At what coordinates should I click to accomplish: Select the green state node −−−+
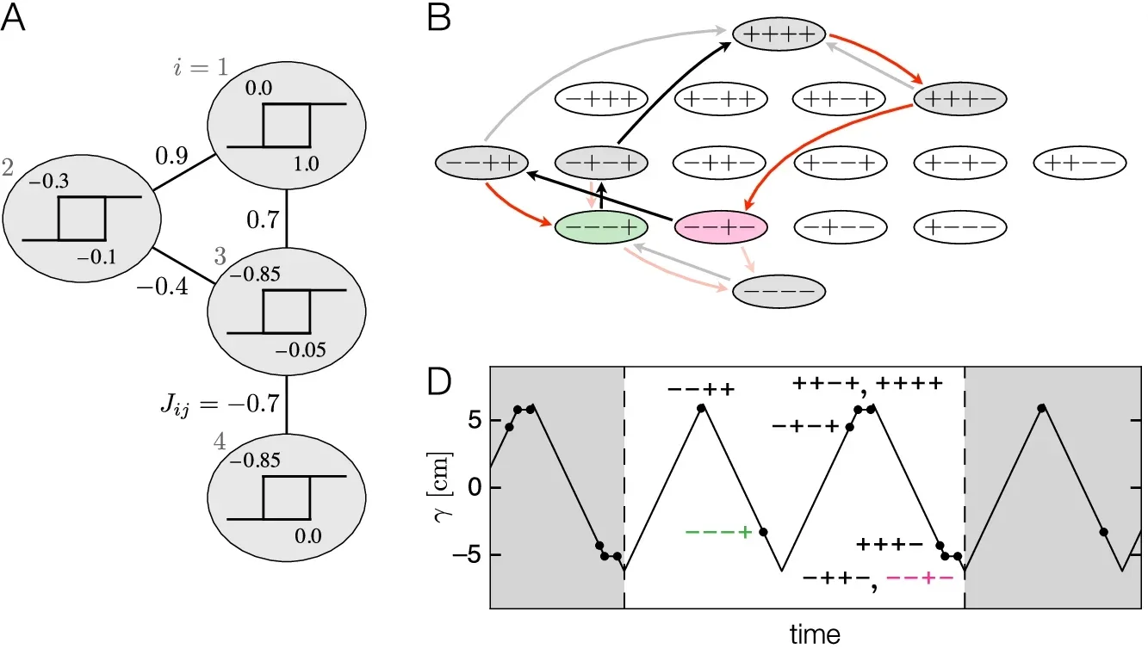[x=600, y=227]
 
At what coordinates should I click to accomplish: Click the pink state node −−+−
[x=720, y=227]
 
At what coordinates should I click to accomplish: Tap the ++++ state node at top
[x=779, y=35]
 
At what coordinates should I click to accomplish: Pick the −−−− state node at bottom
[x=779, y=293]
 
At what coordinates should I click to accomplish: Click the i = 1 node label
[x=198, y=67]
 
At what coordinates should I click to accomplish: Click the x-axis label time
[x=815, y=635]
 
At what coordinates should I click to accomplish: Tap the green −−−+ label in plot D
[x=719, y=532]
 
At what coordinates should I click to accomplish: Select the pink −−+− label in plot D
[x=919, y=578]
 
